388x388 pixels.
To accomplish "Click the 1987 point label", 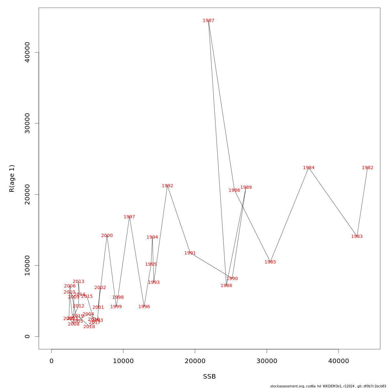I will [209, 21].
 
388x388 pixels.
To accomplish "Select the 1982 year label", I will [368, 168].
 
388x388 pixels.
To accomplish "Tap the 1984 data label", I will [309, 168].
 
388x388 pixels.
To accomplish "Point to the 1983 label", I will [357, 237].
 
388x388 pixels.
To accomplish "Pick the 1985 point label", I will [270, 262].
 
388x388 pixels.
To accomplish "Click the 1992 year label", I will [167, 186].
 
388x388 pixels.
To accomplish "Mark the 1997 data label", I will [129, 217].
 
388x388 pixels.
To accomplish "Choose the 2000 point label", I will [107, 236].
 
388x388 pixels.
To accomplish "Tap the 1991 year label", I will [190, 253].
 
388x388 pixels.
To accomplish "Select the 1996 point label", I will [144, 307].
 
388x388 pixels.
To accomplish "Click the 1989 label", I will [246, 188].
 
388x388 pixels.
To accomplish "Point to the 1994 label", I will [152, 237].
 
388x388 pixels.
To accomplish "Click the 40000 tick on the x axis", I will [339, 361].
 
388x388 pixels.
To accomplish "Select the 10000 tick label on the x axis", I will [123, 361].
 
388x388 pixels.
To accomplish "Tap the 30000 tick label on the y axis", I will [27, 123].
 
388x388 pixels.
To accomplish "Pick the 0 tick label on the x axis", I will [51, 361].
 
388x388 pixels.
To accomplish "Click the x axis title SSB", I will [210, 377].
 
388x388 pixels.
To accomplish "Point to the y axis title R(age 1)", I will [12, 178].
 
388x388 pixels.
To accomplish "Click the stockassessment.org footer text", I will [328, 386].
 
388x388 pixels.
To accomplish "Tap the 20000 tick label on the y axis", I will [27, 194].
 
